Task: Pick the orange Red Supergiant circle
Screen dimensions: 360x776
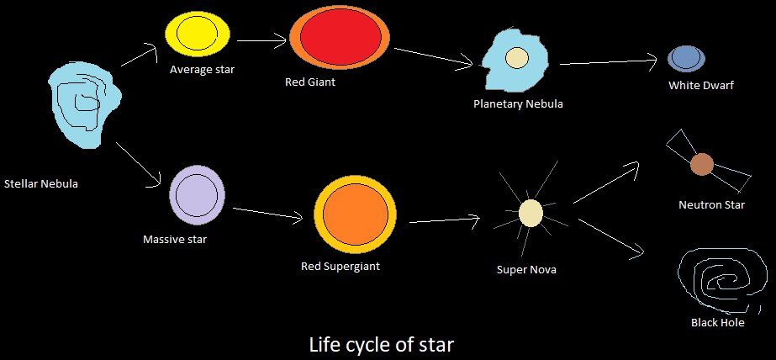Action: coord(354,214)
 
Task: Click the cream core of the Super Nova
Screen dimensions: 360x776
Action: coord(531,213)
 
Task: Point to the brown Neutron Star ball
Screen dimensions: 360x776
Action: coord(702,164)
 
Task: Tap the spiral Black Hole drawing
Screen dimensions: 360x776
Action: coord(722,280)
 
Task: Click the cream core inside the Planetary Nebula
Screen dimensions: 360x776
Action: coord(516,58)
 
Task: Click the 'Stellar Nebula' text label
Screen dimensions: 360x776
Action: coord(41,183)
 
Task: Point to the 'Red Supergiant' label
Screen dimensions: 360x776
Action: coord(340,267)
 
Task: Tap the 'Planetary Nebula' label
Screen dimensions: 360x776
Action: coord(518,104)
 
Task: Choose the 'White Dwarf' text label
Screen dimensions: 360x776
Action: coord(701,85)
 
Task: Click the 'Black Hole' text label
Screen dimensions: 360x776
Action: coord(717,323)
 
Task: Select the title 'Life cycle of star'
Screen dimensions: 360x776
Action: coord(382,344)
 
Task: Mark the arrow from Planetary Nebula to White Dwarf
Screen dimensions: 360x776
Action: coord(608,62)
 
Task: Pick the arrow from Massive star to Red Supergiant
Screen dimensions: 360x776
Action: coord(267,214)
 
